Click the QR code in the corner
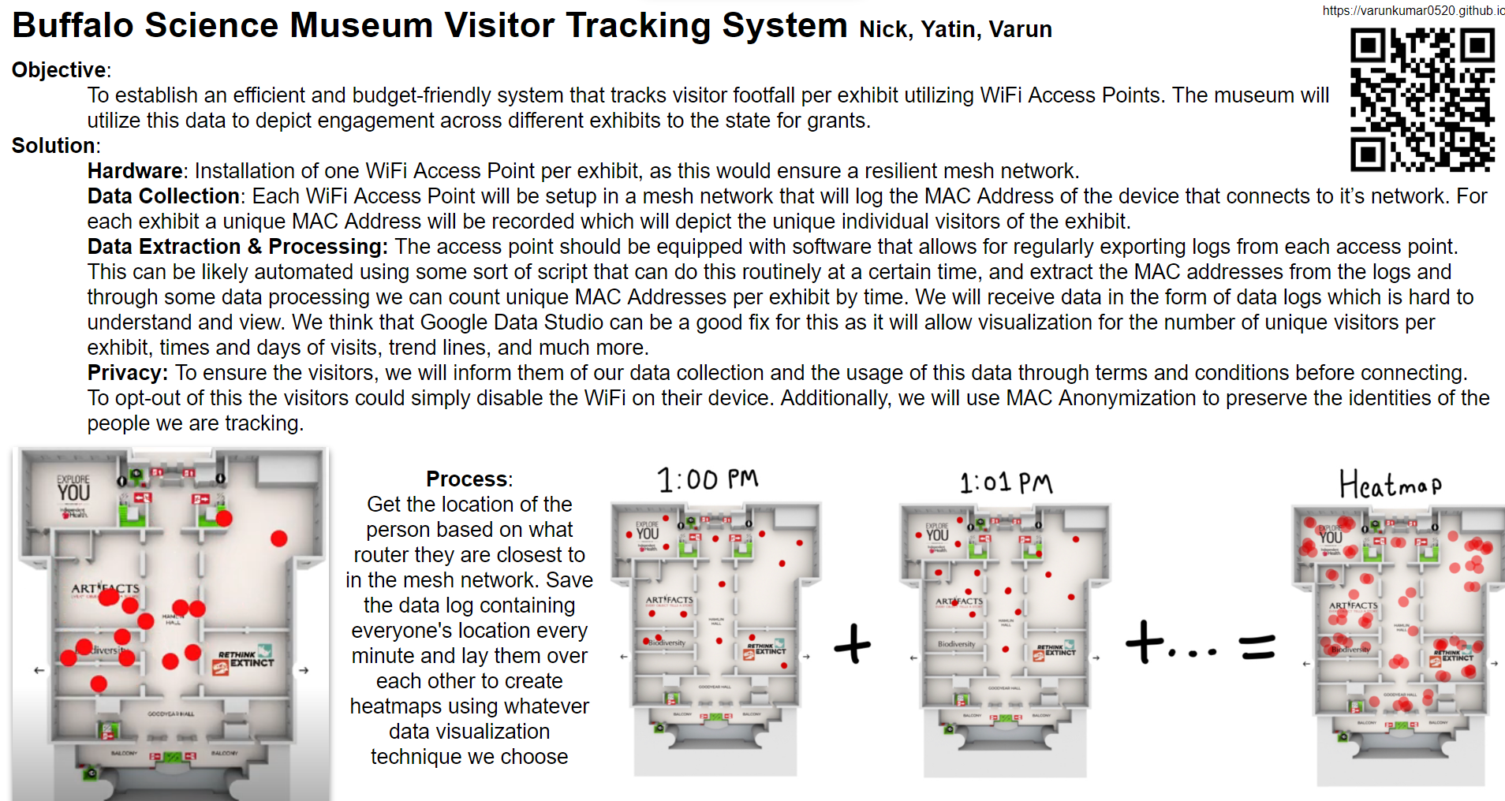click(1422, 99)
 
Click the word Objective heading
click(59, 70)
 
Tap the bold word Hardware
click(135, 171)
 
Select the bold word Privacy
click(126, 373)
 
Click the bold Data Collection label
click(163, 196)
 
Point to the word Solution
click(54, 146)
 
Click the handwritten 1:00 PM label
click(708, 479)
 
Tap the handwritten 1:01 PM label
click(1006, 482)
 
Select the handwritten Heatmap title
click(1390, 484)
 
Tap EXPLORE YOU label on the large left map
click(73, 489)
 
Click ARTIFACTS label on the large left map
click(105, 589)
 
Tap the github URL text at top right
click(1413, 10)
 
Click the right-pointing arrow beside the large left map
click(304, 670)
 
